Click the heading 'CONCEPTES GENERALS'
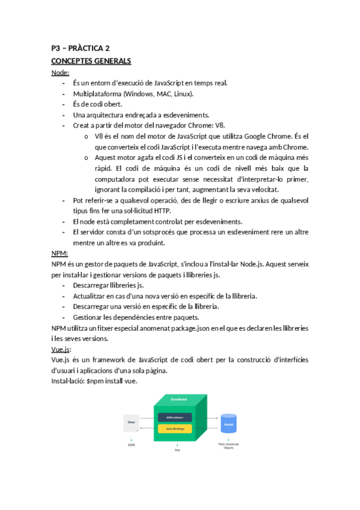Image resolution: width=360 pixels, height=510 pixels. pos(91,61)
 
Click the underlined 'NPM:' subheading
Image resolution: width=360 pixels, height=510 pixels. pos(60,253)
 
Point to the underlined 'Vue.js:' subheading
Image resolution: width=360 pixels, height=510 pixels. pos(62,349)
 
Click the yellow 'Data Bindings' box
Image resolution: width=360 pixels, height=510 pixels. pos(175,429)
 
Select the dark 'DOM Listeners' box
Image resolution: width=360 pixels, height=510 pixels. pos(175,417)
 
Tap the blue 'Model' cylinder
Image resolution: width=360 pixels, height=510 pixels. pos(228,423)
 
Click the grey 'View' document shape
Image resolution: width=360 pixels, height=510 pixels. pos(132,422)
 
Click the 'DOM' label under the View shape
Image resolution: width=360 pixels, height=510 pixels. pos(132,445)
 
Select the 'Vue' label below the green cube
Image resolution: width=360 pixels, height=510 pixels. pos(177,450)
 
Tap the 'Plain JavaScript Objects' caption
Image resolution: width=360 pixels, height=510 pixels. pos(229,447)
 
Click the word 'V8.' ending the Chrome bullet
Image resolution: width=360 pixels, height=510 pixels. pos(219,125)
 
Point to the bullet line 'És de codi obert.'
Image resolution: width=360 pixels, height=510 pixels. pos(97,104)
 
